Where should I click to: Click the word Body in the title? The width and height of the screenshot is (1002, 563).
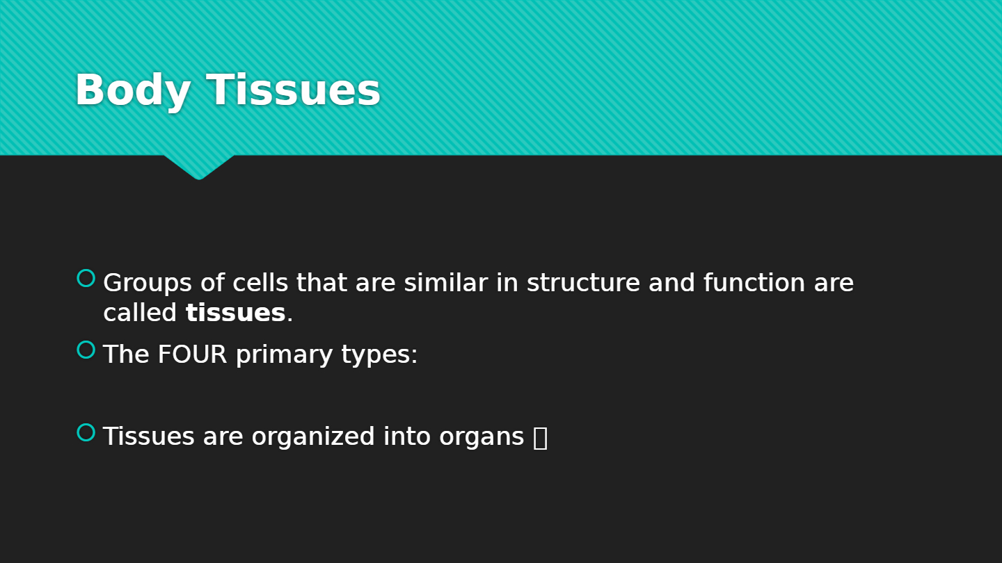[133, 90]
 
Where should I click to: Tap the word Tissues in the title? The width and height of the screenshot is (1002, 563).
[293, 90]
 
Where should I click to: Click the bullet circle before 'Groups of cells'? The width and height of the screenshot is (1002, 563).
[86, 278]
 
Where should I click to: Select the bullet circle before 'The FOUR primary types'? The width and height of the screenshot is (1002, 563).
[86, 350]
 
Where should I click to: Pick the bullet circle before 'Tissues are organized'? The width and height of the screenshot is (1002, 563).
[86, 432]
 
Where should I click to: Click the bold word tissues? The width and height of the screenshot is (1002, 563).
[235, 312]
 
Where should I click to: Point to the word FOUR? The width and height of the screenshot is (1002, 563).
[192, 354]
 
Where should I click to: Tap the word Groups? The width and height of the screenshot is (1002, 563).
[148, 284]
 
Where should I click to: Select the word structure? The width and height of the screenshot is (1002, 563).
[583, 283]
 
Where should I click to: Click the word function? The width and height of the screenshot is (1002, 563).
[754, 282]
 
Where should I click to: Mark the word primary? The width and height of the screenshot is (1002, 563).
[285, 356]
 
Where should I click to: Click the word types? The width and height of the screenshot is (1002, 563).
[379, 356]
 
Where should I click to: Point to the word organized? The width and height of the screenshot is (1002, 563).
[313, 437]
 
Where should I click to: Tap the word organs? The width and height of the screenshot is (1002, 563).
[482, 439]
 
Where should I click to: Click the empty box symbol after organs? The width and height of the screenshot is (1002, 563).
[541, 438]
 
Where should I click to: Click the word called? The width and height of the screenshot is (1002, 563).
[140, 312]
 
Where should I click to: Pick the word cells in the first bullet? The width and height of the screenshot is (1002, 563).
[260, 282]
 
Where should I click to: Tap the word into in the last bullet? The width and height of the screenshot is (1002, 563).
[407, 436]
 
